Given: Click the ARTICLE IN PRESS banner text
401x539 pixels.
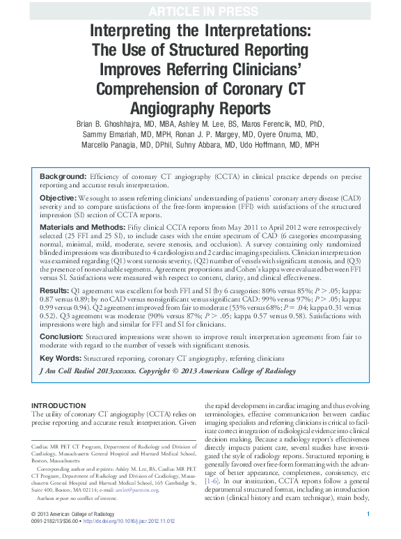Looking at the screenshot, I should tap(200, 8).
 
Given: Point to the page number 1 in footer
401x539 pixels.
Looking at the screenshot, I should tap(368, 513).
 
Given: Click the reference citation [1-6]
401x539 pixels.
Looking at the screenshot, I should tap(211, 481).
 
